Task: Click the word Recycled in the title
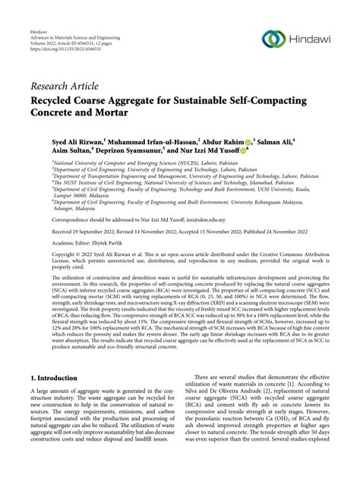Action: pos(58,101)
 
